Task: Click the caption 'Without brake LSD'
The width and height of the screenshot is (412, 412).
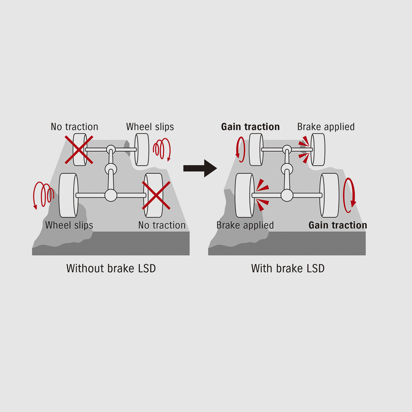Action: [111, 268]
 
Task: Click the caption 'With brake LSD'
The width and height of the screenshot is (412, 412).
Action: [288, 268]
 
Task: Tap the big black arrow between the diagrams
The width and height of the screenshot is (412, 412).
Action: [200, 168]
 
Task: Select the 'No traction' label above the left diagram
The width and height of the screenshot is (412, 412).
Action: [75, 127]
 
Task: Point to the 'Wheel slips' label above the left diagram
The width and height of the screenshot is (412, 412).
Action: [150, 127]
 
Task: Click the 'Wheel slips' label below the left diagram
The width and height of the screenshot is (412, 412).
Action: [69, 225]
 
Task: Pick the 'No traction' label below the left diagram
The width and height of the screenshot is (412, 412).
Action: [162, 225]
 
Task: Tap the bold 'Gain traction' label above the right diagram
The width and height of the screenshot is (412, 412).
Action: [250, 127]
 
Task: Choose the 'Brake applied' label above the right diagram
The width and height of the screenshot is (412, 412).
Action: [326, 127]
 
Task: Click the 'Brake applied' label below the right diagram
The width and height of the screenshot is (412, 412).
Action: [245, 225]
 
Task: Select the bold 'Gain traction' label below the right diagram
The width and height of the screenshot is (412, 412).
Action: [337, 225]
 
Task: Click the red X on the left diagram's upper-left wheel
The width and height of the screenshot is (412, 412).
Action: [79, 150]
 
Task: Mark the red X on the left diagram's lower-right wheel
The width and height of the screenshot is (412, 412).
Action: [156, 195]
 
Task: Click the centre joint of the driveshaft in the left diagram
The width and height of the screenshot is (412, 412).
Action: [111, 169]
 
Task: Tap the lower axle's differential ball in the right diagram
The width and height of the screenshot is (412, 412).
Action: [287, 195]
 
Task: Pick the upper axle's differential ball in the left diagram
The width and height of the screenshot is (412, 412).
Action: [111, 149]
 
